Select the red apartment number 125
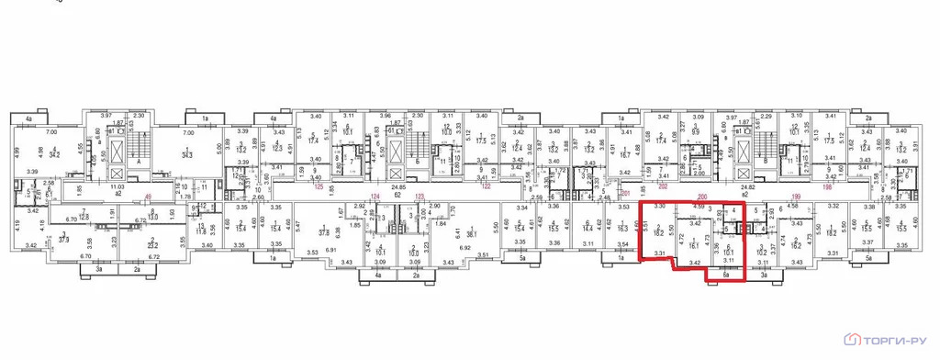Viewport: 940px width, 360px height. [x=319, y=186]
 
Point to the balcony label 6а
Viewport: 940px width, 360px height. [x=725, y=274]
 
